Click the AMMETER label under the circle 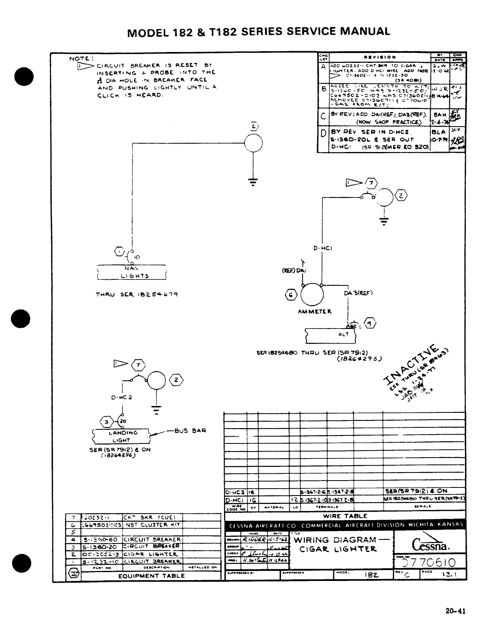(x=315, y=311)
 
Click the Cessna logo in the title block (x=430, y=545)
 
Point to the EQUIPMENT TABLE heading (x=152, y=576)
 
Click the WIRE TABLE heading (x=345, y=516)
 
